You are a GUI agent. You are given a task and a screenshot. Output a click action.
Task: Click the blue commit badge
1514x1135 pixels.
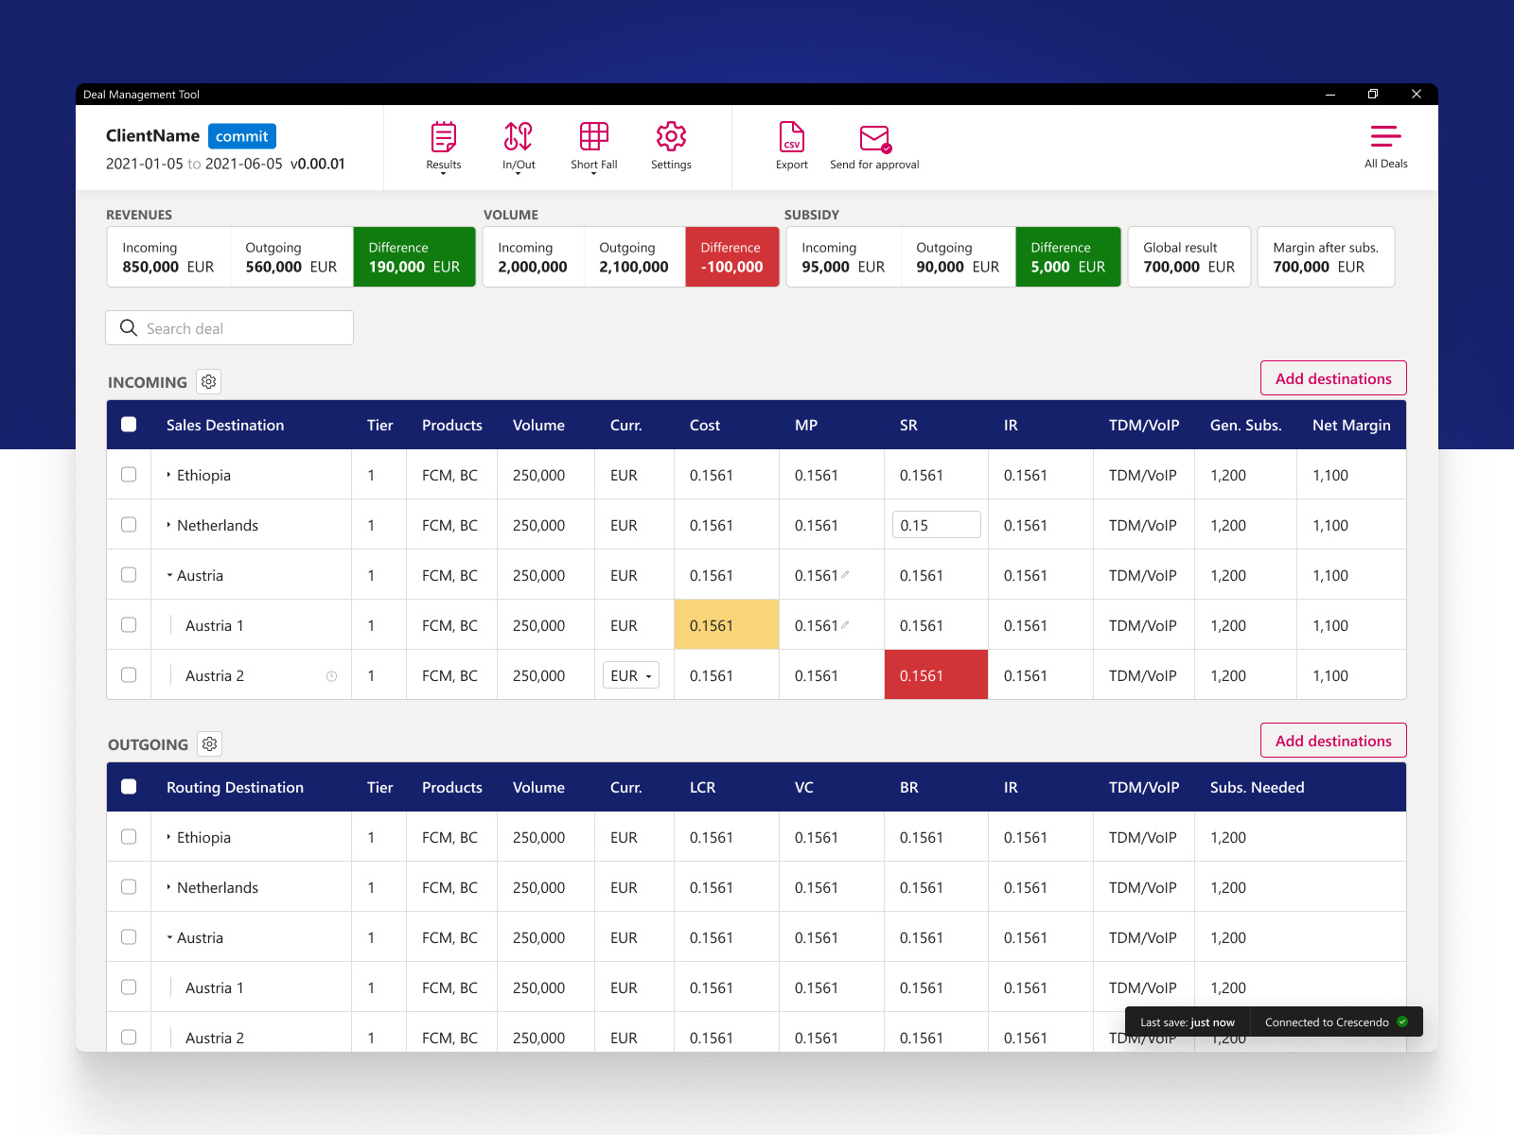(x=241, y=136)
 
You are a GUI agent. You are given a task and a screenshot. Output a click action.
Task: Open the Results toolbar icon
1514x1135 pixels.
(x=443, y=138)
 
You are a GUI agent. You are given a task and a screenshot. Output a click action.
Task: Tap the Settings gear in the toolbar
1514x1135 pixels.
(x=671, y=138)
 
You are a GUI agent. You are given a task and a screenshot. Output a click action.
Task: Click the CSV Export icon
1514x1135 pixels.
(x=792, y=138)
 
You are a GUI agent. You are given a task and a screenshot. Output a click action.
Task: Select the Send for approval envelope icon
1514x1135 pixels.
(x=874, y=139)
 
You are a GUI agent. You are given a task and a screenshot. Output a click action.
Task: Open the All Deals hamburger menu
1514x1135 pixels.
(x=1385, y=138)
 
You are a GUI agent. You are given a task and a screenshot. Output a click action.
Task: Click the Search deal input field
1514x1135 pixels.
(x=230, y=328)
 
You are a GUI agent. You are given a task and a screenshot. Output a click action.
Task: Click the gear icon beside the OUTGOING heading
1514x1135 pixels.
(x=210, y=744)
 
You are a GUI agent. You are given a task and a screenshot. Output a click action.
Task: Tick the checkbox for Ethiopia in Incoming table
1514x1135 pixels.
(x=129, y=475)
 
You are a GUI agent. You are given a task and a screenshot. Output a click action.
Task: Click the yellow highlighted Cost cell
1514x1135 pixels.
(x=727, y=625)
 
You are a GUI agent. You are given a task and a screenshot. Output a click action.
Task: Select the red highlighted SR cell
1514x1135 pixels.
(x=936, y=675)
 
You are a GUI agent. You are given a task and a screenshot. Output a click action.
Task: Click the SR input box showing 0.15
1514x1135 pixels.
(x=936, y=525)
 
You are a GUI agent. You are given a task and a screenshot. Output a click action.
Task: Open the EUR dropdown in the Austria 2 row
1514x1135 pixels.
(x=631, y=675)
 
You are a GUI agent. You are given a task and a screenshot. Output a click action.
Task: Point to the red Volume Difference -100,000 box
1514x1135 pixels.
(x=731, y=257)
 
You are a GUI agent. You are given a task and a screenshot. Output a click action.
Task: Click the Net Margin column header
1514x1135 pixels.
(x=1350, y=426)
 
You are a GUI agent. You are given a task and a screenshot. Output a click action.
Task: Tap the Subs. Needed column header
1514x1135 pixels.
(x=1257, y=788)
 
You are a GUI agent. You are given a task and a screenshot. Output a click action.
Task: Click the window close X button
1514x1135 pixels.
(x=1417, y=94)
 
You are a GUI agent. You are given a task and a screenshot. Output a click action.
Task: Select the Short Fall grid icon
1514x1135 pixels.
(x=594, y=138)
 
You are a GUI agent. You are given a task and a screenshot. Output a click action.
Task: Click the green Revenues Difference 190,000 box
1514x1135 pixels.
(x=414, y=257)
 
